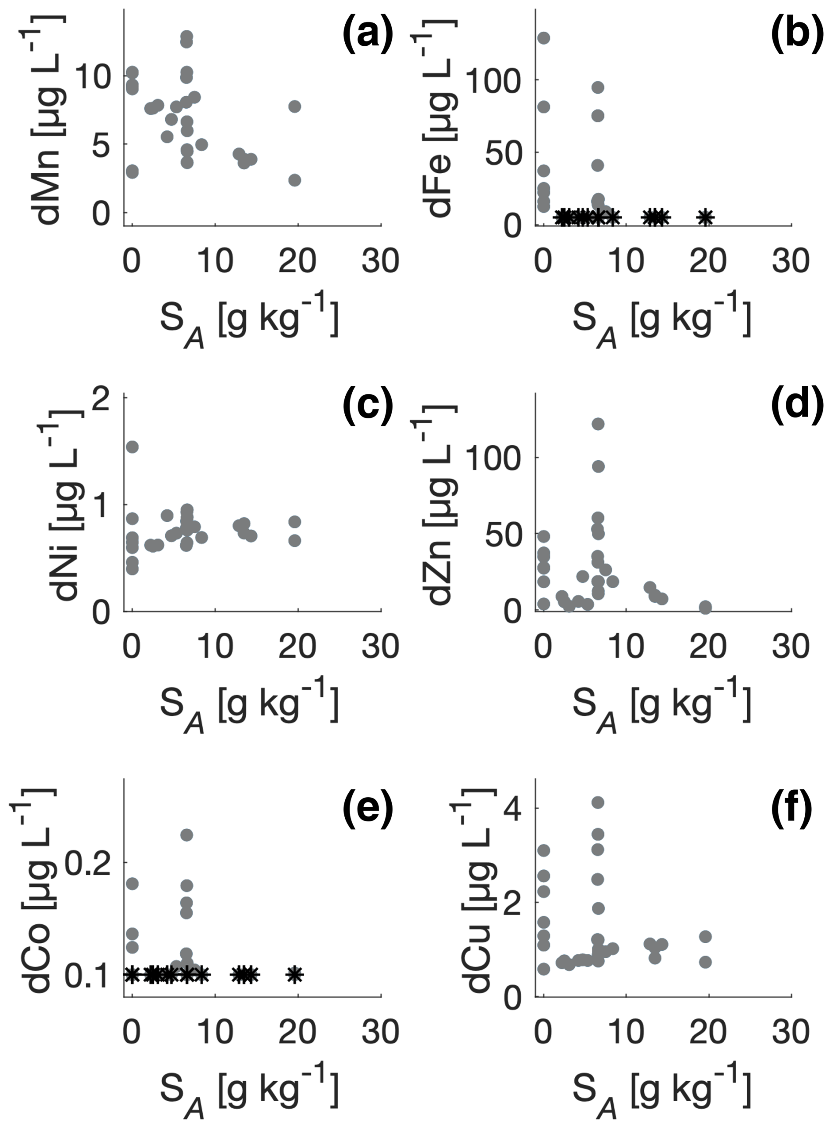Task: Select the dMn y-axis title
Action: click(x=47, y=119)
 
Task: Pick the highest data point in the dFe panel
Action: click(x=544, y=38)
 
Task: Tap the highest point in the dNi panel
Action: click(x=132, y=447)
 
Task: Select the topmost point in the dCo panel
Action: click(x=186, y=835)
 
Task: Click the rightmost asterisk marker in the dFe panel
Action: click(x=706, y=217)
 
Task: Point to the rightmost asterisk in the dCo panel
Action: click(x=295, y=974)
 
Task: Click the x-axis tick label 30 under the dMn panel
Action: click(x=380, y=261)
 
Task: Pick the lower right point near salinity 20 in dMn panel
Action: click(x=295, y=180)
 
